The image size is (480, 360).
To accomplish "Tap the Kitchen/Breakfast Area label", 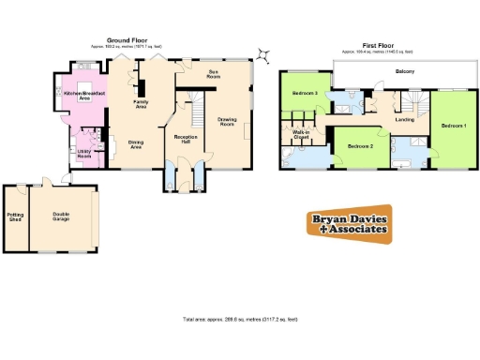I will (x=82, y=96).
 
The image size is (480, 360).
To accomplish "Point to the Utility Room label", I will (x=83, y=154).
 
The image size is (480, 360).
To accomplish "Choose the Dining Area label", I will (x=136, y=145).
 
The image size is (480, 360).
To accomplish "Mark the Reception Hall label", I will (x=184, y=139).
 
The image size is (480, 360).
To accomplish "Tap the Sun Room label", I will (x=213, y=72).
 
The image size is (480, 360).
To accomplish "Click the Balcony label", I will (x=405, y=71).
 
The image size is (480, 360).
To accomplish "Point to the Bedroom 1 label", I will (x=454, y=126).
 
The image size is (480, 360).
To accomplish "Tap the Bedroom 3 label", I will (x=304, y=94).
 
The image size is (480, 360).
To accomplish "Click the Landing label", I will (x=405, y=119).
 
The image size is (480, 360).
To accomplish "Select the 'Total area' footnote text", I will (x=240, y=320).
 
